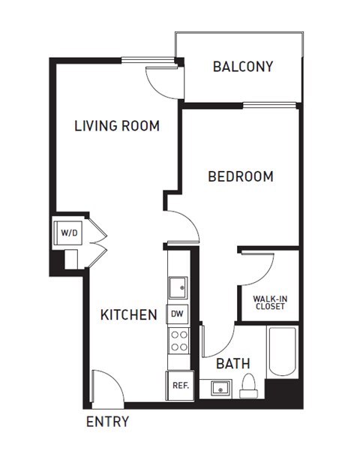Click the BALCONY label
coord(242,67)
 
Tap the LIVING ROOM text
coord(117,126)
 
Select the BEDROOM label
coord(240,177)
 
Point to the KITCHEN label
coord(128,314)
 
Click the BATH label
coord(233,364)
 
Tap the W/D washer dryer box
coord(69,233)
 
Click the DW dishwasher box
coord(177,314)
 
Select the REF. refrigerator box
coord(179,386)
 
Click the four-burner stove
coord(178,341)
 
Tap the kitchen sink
coord(178,287)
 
